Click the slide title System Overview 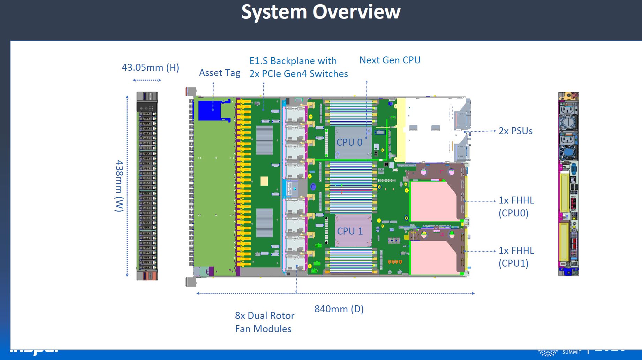point(321,12)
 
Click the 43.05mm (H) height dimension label point(150,67)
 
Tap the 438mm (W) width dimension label point(119,186)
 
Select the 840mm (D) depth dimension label point(339,309)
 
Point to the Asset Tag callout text point(219,73)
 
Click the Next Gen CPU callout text point(390,60)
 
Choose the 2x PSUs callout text point(515,131)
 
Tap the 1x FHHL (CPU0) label point(516,207)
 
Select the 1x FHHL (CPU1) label point(516,257)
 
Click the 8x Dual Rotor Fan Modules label point(264,322)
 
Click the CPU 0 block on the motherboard point(350,142)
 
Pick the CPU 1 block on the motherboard point(350,231)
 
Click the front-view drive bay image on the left point(147,186)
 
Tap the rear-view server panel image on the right point(568,184)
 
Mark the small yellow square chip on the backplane point(264,181)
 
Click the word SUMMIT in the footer point(572,352)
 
